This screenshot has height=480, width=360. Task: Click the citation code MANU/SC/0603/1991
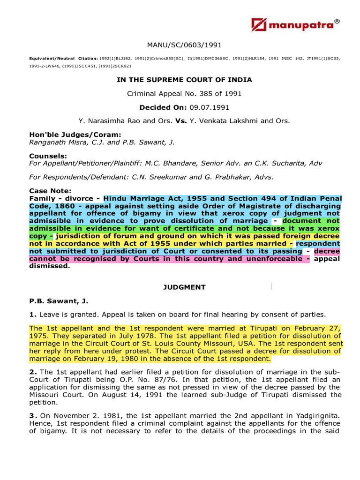click(x=184, y=45)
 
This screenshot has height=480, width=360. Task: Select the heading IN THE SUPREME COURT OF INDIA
click(x=184, y=80)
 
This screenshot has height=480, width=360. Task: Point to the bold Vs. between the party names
click(x=181, y=121)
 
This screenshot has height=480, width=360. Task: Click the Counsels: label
click(x=48, y=156)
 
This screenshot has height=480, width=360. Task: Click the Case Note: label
click(x=50, y=191)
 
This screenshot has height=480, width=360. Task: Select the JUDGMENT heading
click(x=184, y=287)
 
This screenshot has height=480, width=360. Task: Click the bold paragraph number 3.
click(x=32, y=416)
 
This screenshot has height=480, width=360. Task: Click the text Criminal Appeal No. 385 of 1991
click(x=184, y=94)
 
